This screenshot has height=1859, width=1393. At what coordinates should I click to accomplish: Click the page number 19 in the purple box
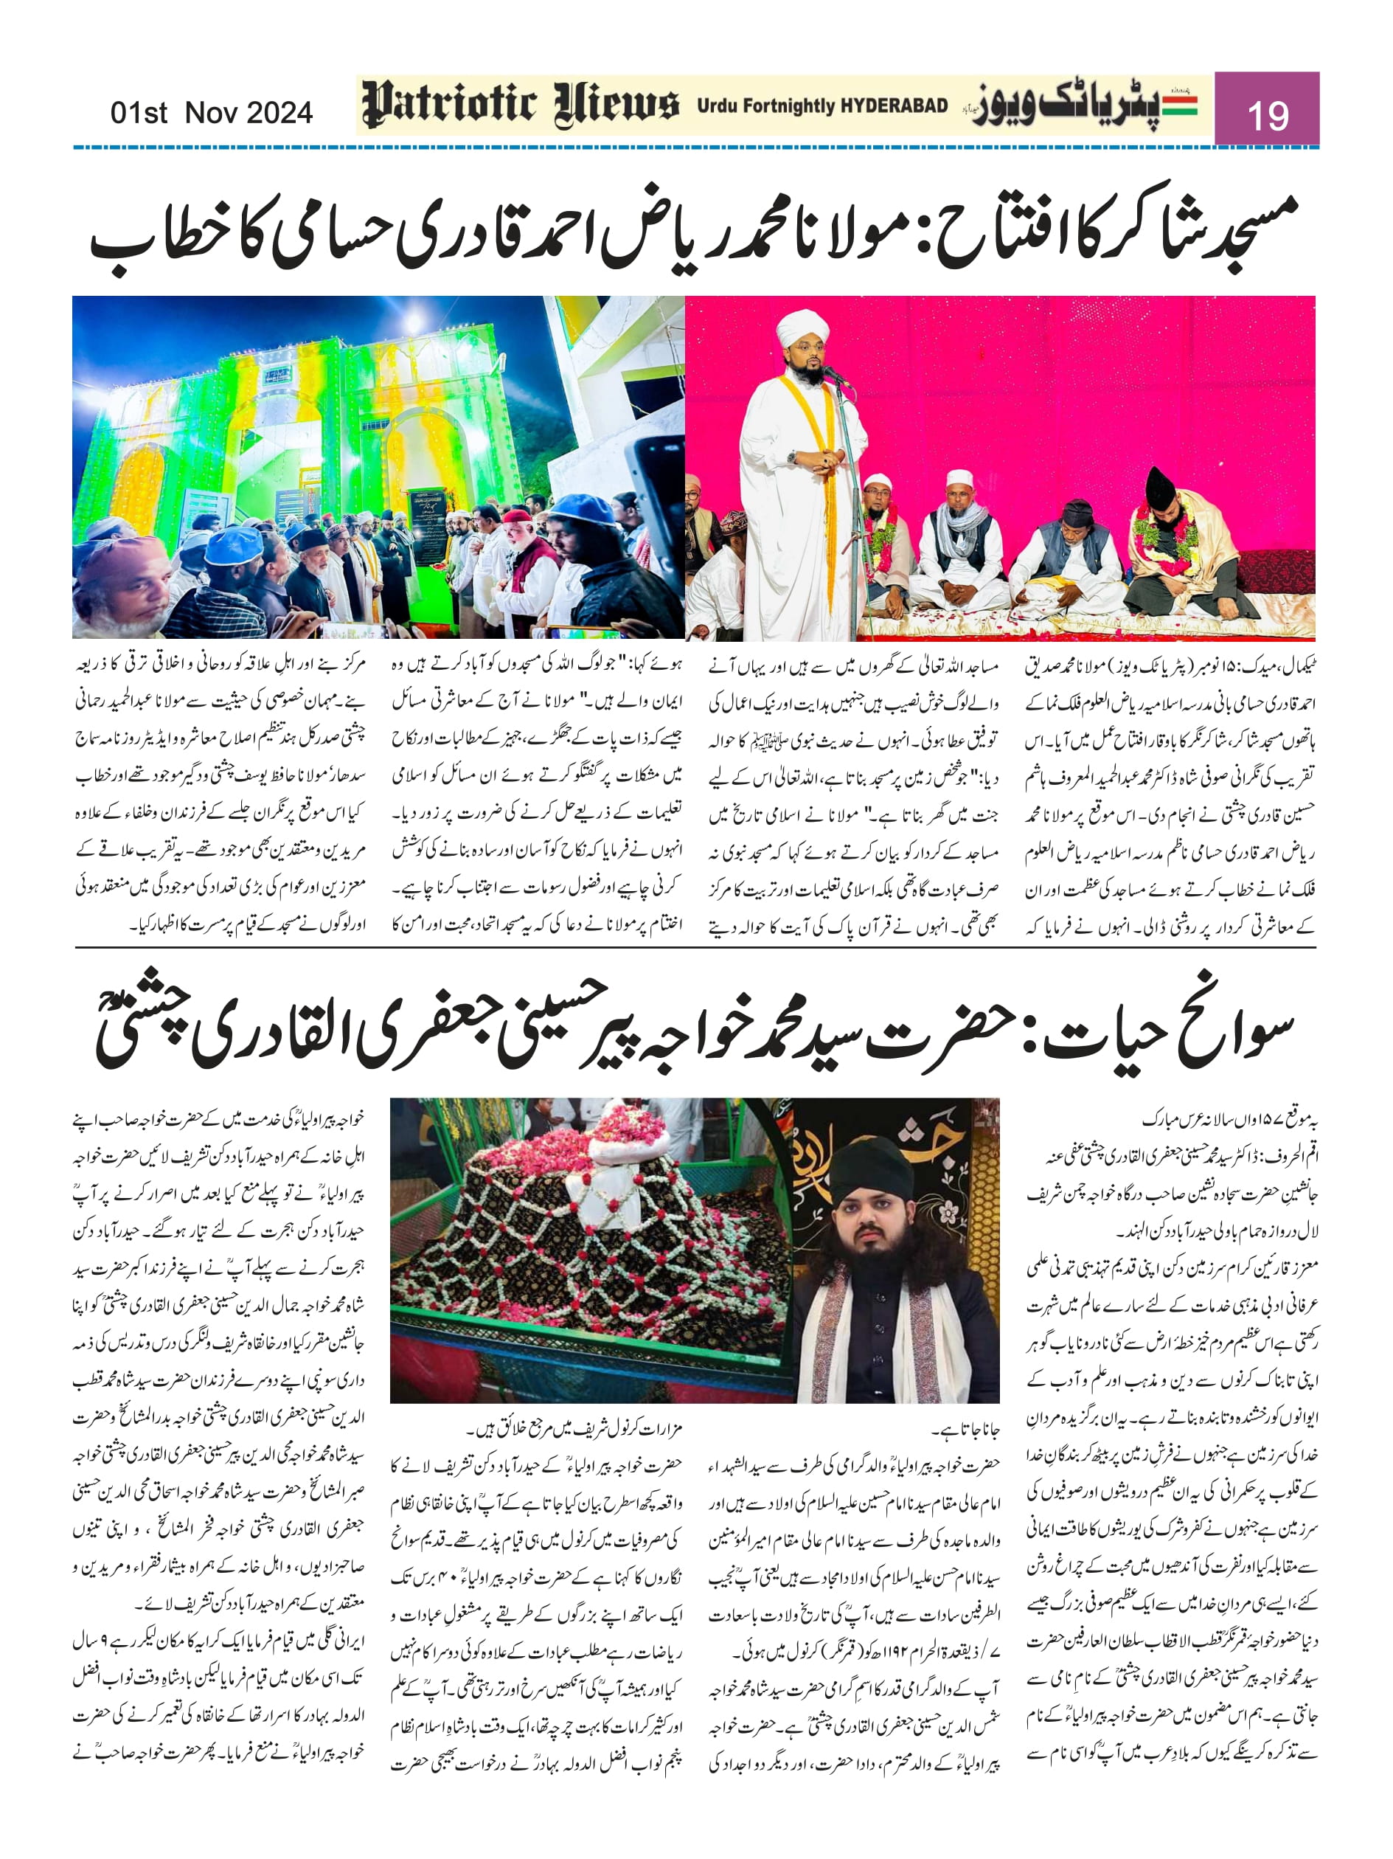point(1266,115)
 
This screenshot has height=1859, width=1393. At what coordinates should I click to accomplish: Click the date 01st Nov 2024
point(211,113)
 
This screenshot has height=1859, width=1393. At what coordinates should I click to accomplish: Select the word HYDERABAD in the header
point(893,106)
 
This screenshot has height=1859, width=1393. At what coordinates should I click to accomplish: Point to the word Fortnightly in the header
point(786,106)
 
